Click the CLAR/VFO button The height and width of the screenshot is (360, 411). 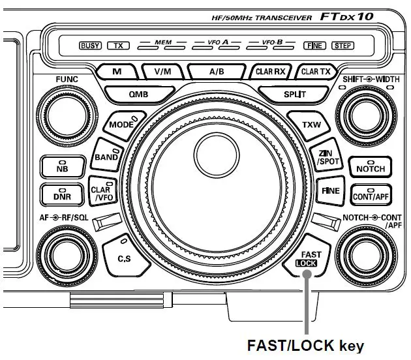pos(101,192)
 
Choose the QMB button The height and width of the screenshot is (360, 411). pos(138,94)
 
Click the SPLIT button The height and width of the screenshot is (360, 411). pos(295,94)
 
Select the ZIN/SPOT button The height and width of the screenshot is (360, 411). pos(324,156)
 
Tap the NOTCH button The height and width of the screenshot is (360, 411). pos(370,167)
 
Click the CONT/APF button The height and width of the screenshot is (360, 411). pos(370,194)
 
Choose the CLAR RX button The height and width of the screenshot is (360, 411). pos(269,72)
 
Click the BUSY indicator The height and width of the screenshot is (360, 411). pos(90,46)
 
